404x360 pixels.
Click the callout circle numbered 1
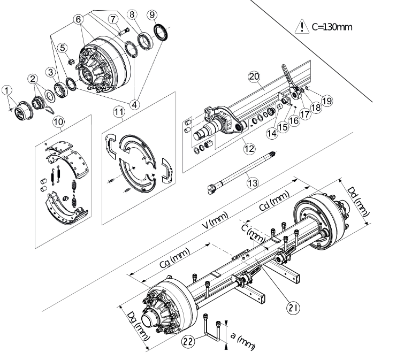pos(7,91)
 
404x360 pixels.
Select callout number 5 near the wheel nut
pos(63,48)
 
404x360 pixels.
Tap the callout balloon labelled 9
pos(153,15)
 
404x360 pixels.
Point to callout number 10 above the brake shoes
pos(58,122)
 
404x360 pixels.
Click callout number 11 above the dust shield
pos(119,112)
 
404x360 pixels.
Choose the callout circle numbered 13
pos(253,183)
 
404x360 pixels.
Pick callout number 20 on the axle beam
pos(254,76)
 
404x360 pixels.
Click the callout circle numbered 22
pos(188,341)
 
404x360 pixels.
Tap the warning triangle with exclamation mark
pos(301,27)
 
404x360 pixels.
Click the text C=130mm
pos(332,27)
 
